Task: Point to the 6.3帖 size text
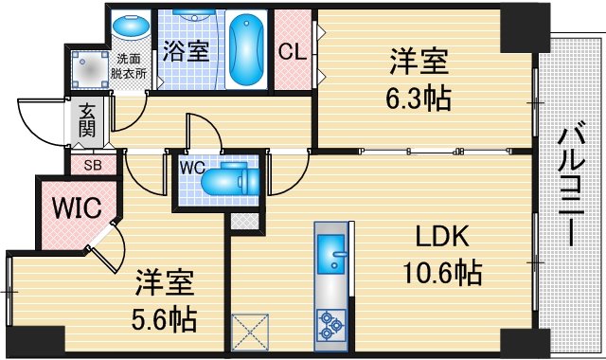tap(418, 96)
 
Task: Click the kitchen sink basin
tap(332, 254)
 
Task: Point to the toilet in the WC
tap(227, 179)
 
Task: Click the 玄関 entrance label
tap(87, 120)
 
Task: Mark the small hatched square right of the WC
tap(246, 224)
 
